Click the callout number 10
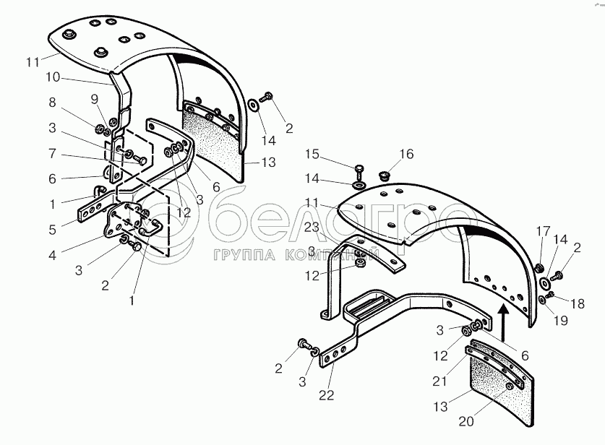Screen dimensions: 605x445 [x=53, y=77]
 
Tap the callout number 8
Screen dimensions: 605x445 [x=53, y=102]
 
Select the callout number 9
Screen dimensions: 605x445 [x=95, y=100]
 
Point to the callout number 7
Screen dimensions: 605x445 [x=53, y=153]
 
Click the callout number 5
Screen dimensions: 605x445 [x=53, y=230]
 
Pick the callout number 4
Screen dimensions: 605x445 [x=53, y=255]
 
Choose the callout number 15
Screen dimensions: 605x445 [x=312, y=155]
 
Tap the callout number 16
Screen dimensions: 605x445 [x=406, y=154]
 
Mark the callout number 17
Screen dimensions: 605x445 [x=543, y=231]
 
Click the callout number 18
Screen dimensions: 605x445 [x=578, y=304]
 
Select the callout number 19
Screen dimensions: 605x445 [x=561, y=321]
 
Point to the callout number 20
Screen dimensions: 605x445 [x=466, y=421]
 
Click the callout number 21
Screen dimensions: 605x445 [x=440, y=381]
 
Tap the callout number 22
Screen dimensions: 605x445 [x=327, y=395]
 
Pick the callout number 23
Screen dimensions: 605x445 [x=312, y=227]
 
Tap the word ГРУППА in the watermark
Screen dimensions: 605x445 [x=244, y=255]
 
